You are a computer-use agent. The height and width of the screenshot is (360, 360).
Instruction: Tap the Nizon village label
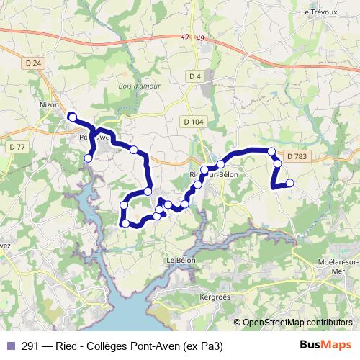[x=49, y=104]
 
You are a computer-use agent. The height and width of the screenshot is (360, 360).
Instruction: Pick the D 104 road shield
[x=194, y=122]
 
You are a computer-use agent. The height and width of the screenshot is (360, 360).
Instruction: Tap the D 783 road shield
[x=296, y=156]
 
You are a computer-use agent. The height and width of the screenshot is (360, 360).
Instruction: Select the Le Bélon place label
[x=181, y=260]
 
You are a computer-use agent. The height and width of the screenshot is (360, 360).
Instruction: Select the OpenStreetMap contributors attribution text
[x=297, y=323]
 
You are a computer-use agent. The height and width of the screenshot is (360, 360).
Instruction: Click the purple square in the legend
[x=9, y=346]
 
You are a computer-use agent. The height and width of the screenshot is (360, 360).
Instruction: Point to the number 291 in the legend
[x=31, y=346]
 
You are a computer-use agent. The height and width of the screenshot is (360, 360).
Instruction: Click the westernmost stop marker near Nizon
[x=71, y=116]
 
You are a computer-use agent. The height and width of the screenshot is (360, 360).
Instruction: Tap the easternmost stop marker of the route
[x=290, y=183]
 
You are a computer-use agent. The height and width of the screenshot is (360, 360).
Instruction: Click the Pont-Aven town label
[x=94, y=137]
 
